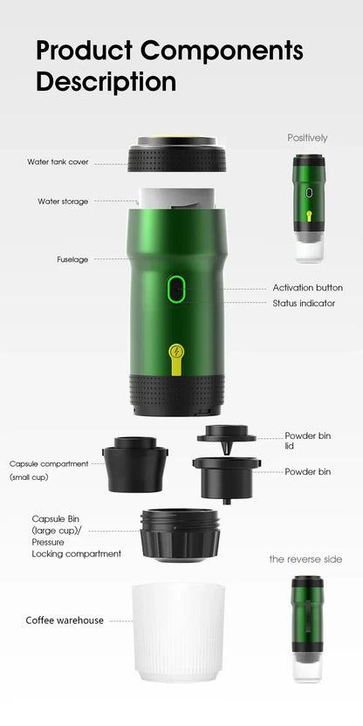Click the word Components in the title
(223, 51)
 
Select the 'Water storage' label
(63, 202)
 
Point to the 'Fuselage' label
(72, 259)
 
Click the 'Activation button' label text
(307, 287)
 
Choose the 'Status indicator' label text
(304, 304)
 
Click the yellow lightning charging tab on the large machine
(177, 358)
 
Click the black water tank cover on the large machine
(178, 157)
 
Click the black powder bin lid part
(226, 434)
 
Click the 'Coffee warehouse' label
(65, 620)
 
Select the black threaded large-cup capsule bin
(180, 534)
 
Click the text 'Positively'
(308, 138)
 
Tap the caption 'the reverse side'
(305, 558)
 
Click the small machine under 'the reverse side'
(308, 628)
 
